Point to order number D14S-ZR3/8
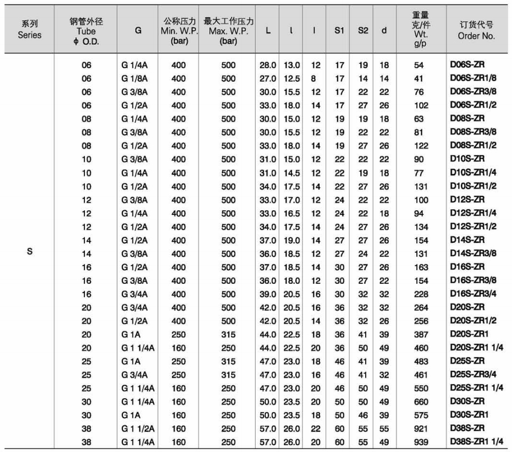pyautogui.click(x=473, y=253)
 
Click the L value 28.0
pyautogui.click(x=268, y=65)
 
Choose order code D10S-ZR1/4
pyautogui.click(x=473, y=172)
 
